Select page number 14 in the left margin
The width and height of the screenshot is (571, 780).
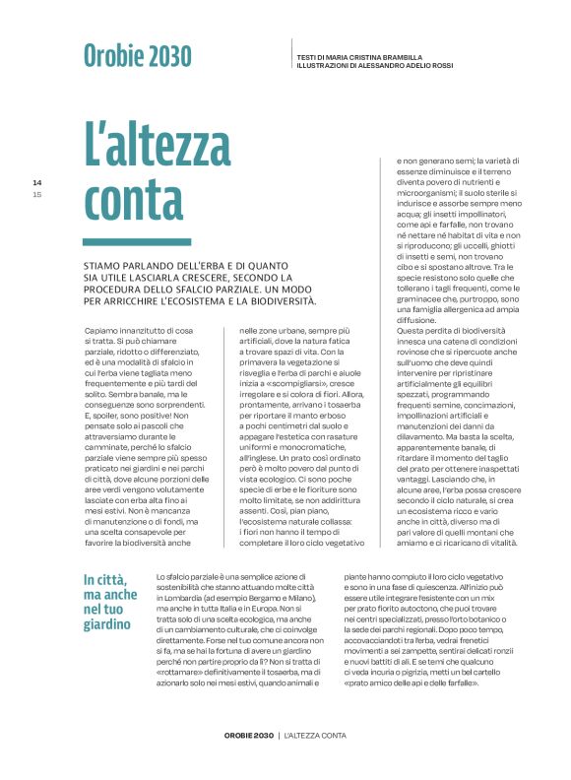click(37, 182)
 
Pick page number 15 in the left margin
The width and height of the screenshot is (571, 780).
click(37, 194)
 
